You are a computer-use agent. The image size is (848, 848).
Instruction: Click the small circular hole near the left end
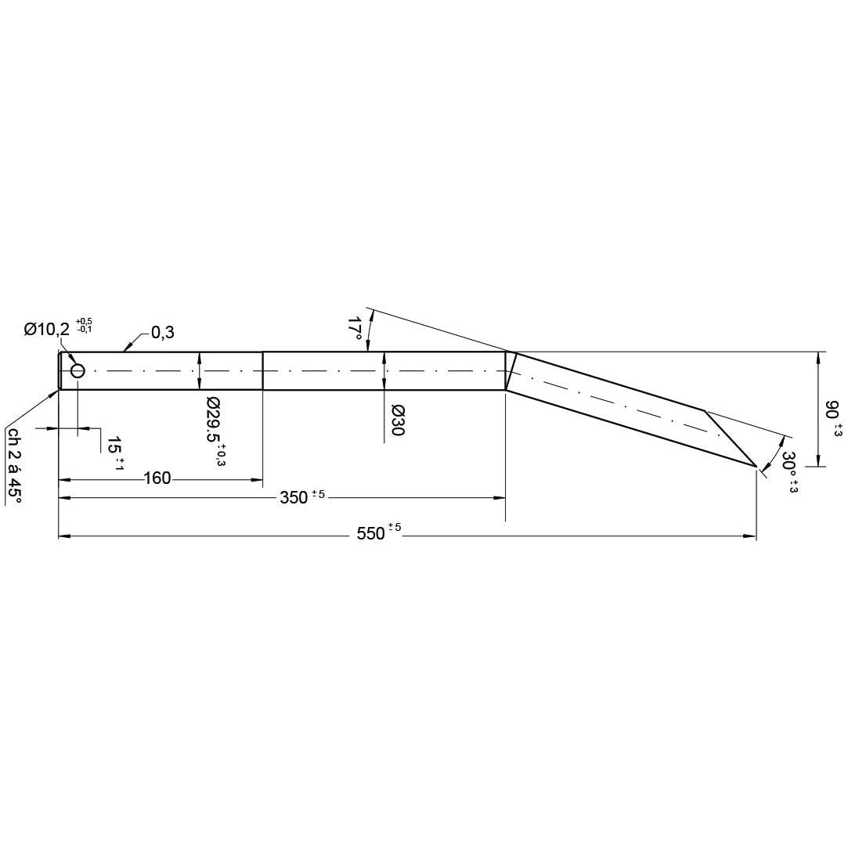click(x=78, y=370)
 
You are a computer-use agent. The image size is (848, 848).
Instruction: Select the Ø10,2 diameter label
click(x=48, y=330)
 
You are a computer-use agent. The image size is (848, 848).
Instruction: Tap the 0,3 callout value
click(x=162, y=333)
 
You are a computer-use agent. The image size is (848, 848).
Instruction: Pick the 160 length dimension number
click(x=157, y=478)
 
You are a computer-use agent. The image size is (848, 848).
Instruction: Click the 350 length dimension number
click(x=294, y=498)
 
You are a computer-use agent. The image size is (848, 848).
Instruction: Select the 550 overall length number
click(x=371, y=534)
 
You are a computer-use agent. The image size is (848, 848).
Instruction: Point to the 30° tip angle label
click(x=789, y=468)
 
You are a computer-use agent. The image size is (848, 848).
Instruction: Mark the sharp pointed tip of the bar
click(x=756, y=467)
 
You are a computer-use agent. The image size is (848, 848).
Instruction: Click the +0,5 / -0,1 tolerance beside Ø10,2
click(x=84, y=325)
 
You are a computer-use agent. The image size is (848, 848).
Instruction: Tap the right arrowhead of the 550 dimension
click(x=751, y=536)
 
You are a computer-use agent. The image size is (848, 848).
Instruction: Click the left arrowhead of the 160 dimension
click(x=65, y=478)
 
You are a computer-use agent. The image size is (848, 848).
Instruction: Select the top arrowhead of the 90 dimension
click(x=818, y=357)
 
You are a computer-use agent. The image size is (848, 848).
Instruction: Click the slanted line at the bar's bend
click(x=511, y=370)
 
